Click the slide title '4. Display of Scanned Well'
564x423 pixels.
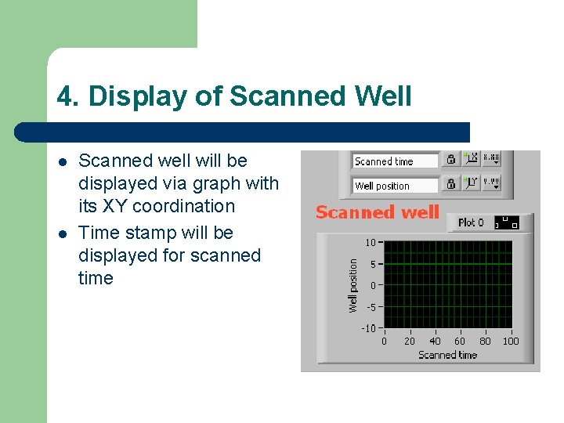pos(233,96)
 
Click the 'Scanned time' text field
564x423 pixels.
pos(394,161)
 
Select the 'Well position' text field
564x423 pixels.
pos(394,186)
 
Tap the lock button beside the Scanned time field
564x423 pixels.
pos(451,160)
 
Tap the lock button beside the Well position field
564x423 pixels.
pos(451,184)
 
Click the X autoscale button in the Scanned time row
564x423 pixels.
pos(471,160)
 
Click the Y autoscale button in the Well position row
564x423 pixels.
pos(471,184)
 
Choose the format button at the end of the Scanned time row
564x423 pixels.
pos(491,160)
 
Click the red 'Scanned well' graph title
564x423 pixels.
pos(377,212)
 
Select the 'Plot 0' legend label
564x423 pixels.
pos(471,222)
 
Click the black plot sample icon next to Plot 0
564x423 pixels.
pos(507,223)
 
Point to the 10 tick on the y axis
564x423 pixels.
pos(370,243)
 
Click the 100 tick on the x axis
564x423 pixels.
pos(510,341)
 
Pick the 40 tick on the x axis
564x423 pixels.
pos(435,341)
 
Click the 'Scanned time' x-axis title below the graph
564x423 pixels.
pos(447,355)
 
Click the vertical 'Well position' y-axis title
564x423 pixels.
pos(353,285)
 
